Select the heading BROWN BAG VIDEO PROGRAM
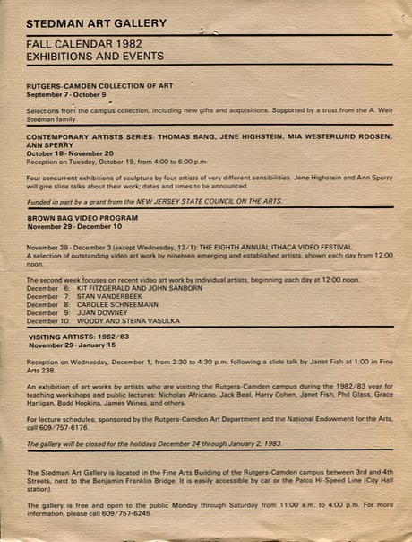tap(82, 218)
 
